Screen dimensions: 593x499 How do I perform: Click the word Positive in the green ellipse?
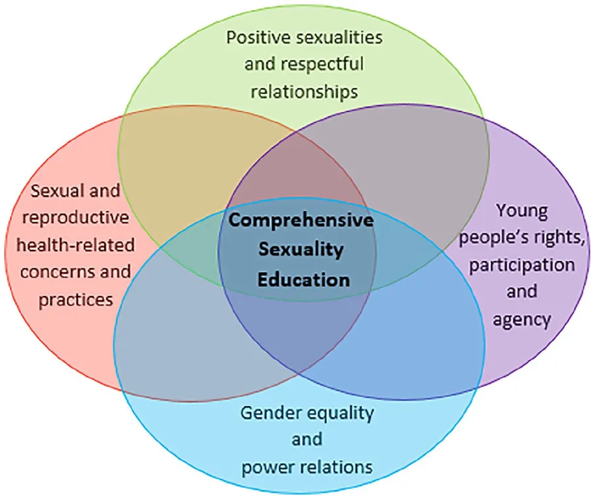pyautogui.click(x=259, y=38)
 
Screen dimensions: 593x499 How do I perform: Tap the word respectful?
pyautogui.click(x=323, y=65)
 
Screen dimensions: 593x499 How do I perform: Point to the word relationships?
pyautogui.click(x=304, y=92)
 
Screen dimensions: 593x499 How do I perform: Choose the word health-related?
pyautogui.click(x=76, y=245)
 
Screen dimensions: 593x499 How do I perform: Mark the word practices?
pyautogui.click(x=76, y=301)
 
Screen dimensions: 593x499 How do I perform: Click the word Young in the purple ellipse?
pyautogui.click(x=522, y=211)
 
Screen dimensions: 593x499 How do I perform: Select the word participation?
pyautogui.click(x=522, y=266)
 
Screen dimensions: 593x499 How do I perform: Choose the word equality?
pyautogui.click(x=341, y=413)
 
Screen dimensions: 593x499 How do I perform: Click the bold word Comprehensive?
pyautogui.click(x=301, y=221)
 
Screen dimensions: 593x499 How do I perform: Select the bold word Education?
pyautogui.click(x=304, y=280)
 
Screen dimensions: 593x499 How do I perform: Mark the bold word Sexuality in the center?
pyautogui.click(x=301, y=250)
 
